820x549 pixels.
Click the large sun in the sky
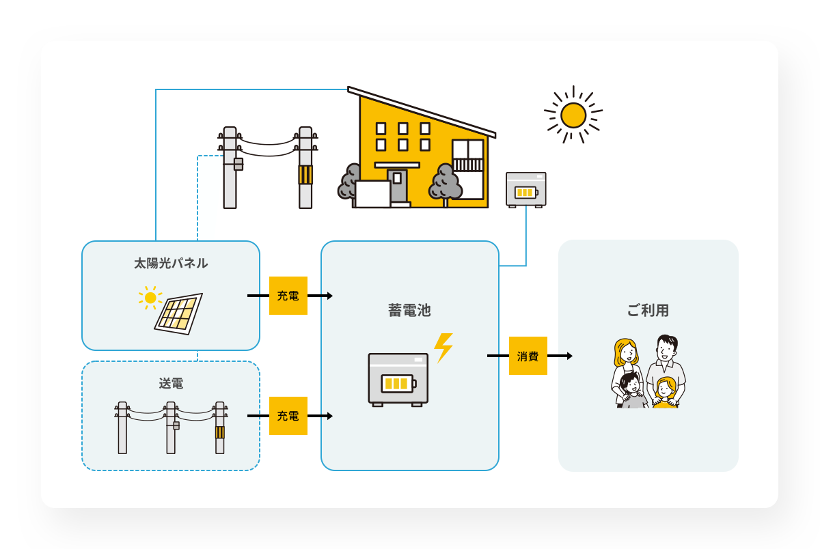[x=573, y=115]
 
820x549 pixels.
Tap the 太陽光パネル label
[x=171, y=263]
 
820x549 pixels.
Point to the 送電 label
[x=171, y=384]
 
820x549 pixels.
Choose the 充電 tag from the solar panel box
[x=288, y=296]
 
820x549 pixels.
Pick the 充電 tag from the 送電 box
[x=288, y=416]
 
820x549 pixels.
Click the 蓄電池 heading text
[x=409, y=310]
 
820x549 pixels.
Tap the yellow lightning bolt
[x=443, y=347]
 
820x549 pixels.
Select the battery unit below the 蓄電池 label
[x=398, y=380]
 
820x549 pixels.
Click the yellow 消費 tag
[x=528, y=356]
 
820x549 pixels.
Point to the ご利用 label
[x=648, y=310]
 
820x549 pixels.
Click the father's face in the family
[x=665, y=351]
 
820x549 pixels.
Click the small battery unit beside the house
[x=525, y=189]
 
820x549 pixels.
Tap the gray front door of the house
[x=397, y=185]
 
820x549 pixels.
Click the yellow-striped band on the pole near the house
[x=305, y=175]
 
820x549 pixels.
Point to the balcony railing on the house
[x=467, y=165]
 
